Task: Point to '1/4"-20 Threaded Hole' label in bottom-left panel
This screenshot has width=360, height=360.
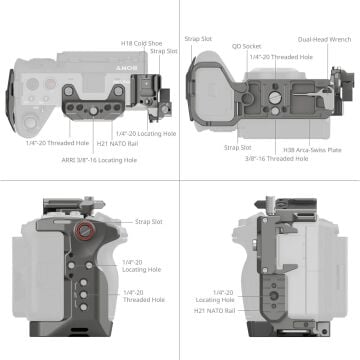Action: tap(142, 295)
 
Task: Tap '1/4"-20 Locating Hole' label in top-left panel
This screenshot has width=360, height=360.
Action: tap(139, 133)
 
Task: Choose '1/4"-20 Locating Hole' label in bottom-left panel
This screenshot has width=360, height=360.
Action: tap(142, 264)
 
